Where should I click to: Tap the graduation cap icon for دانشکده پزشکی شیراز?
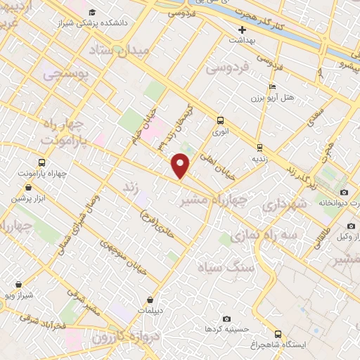pos(92,12)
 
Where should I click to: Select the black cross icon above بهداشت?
pos(242,30)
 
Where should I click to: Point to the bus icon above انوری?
pos(221,120)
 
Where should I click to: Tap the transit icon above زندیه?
pos(259,148)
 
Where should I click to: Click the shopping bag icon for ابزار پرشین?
pos(27,188)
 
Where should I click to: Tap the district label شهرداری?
pos(284,205)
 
